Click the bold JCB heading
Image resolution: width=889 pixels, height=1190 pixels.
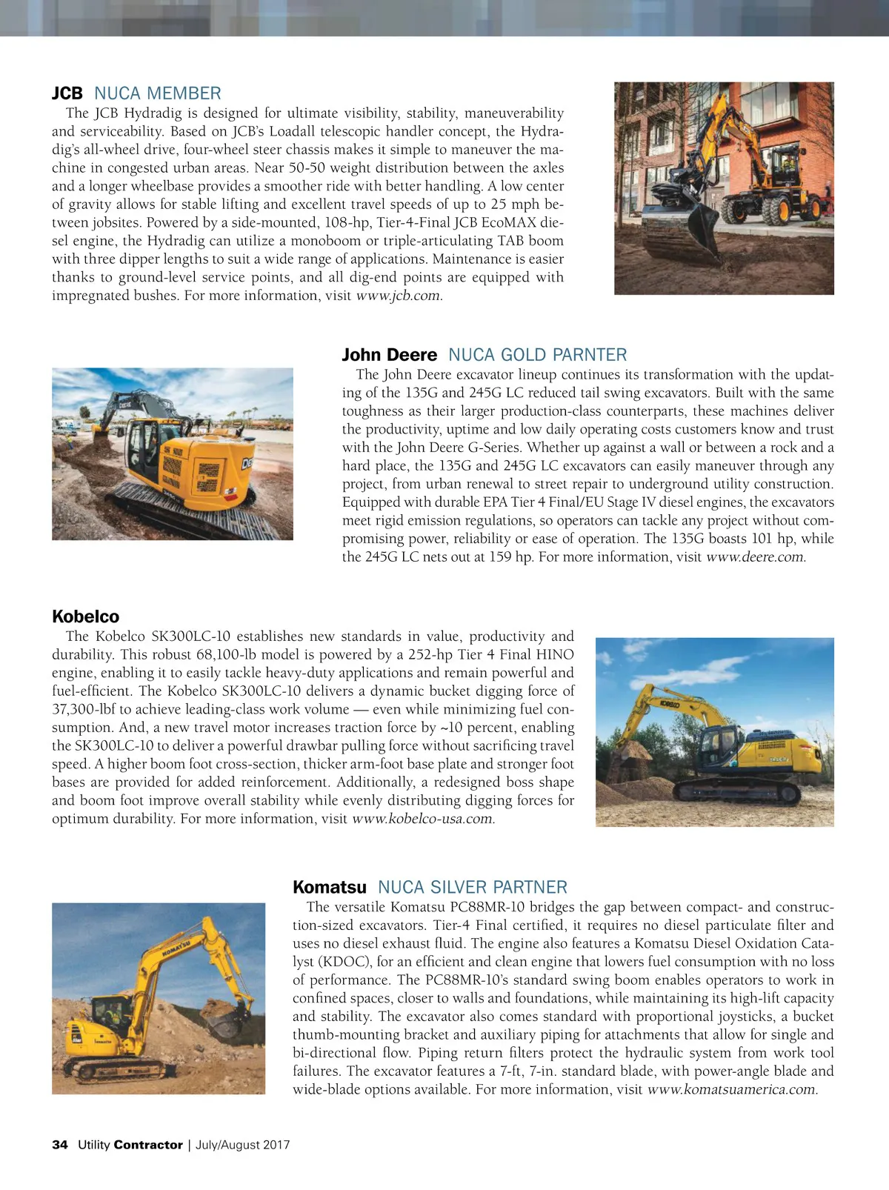point(67,93)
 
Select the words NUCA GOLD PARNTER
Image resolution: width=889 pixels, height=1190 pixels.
point(537,355)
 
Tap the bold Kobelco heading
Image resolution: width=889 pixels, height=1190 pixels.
point(85,616)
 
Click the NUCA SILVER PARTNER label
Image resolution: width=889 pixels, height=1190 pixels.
point(472,887)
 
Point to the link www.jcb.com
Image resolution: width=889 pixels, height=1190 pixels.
point(398,296)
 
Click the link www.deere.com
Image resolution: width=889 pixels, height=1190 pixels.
point(754,557)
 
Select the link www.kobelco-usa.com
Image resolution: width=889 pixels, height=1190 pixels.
point(422,819)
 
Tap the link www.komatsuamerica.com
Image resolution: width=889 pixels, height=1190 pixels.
point(730,1089)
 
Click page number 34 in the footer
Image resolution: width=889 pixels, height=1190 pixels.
point(59,1145)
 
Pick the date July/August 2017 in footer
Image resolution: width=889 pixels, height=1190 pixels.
point(242,1145)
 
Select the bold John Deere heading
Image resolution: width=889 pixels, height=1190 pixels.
point(389,355)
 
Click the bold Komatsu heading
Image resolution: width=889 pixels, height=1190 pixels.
point(329,887)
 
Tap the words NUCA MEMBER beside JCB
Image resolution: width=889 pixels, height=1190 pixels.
point(157,93)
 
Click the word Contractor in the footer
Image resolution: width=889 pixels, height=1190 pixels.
point(148,1145)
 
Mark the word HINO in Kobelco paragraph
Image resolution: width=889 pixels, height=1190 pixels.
point(554,654)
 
